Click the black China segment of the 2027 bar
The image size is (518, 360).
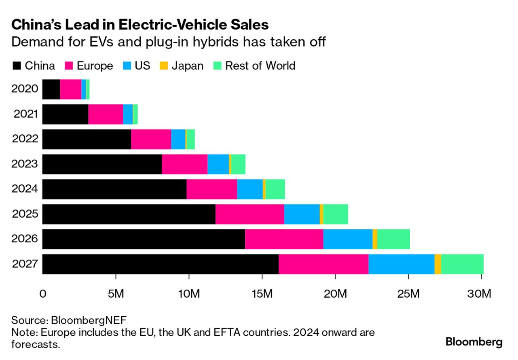click(x=161, y=264)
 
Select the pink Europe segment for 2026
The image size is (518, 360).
click(x=284, y=239)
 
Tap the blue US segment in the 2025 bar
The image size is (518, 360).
click(x=302, y=214)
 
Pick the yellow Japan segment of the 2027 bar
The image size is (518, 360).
click(x=438, y=264)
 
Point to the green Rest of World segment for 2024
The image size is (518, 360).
click(x=275, y=189)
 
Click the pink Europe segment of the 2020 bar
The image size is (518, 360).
click(x=70, y=89)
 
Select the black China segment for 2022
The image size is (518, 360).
click(x=87, y=139)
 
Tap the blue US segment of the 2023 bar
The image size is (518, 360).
click(x=218, y=164)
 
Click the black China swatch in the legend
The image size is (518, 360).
click(x=17, y=66)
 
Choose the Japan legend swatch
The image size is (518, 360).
click(x=164, y=66)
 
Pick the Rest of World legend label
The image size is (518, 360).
click(x=260, y=66)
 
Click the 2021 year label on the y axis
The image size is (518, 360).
click(x=26, y=114)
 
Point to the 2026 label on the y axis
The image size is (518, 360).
click(x=25, y=239)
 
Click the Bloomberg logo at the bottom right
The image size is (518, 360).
click(x=474, y=342)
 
